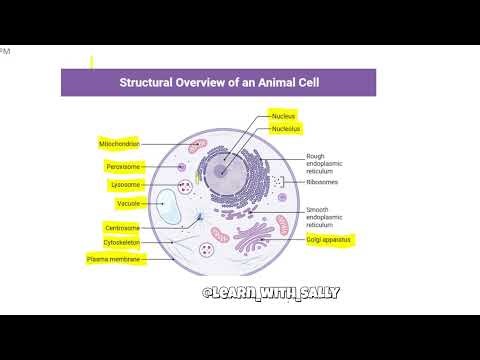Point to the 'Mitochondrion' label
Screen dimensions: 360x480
pos(119,144)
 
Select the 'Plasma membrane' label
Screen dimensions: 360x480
pos(116,259)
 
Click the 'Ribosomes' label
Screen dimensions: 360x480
pos(323,182)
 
